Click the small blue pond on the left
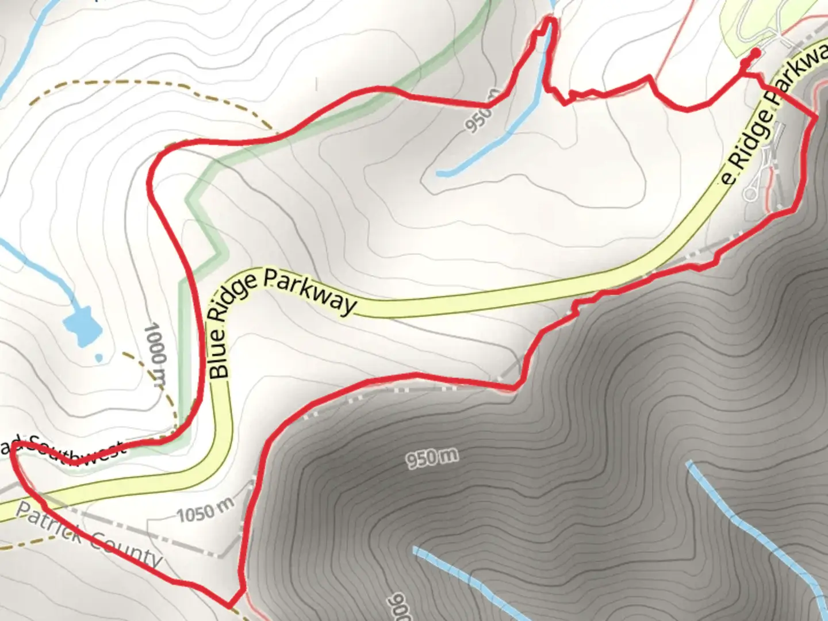coord(82,326)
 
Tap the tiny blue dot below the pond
coord(99,358)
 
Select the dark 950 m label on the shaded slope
coord(432,458)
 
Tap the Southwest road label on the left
coord(75,451)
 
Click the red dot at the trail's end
coord(755,52)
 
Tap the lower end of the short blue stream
coord(440,173)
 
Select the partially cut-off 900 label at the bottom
coord(402,607)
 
